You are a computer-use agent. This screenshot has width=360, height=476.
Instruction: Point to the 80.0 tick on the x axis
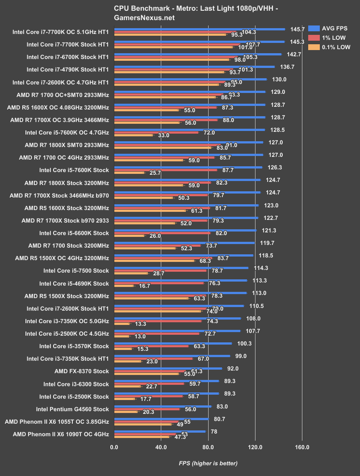coord(208,447)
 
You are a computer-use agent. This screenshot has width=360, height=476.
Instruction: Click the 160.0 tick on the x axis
coord(302,447)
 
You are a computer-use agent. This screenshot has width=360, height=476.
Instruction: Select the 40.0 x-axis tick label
coord(161,447)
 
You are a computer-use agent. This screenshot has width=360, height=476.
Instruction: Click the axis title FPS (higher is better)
coord(208,463)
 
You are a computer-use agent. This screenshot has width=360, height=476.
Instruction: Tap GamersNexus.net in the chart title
coord(144,18)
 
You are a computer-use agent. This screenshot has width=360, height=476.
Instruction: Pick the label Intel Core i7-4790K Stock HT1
coord(67,70)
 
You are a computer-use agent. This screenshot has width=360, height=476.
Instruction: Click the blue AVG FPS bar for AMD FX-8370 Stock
coord(168,368)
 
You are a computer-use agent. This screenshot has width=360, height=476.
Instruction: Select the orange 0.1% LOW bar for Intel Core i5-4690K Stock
coord(124,286)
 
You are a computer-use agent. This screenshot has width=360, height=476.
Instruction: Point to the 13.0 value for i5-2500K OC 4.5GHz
coord(138,336)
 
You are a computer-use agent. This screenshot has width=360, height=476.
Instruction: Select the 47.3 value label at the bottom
coord(180,437)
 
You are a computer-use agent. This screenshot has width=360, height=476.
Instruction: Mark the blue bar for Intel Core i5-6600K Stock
coord(185,230)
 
